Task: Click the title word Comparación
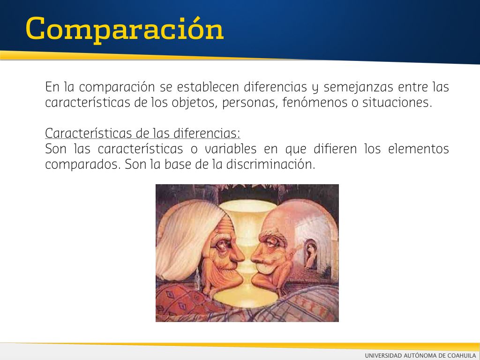125,30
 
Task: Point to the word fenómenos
315,103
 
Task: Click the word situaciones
397,103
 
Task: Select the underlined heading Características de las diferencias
142,134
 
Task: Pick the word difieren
335,149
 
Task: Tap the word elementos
418,149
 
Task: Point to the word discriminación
270,165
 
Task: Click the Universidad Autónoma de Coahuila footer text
420,355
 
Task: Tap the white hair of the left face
187,239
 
